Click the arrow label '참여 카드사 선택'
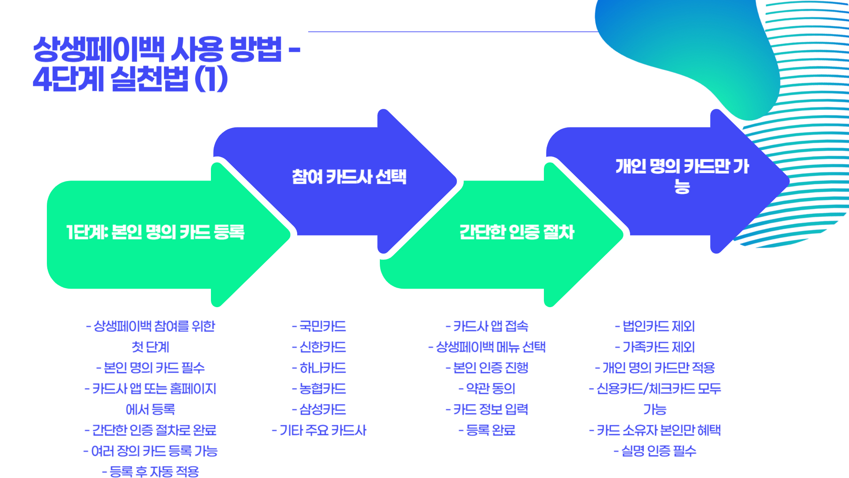[x=349, y=177]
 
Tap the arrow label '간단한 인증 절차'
[x=516, y=232]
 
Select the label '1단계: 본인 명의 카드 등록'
[x=155, y=232]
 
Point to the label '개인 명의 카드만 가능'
[x=682, y=176]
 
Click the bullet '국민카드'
[x=319, y=326]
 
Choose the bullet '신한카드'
[x=319, y=347]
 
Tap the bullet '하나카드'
[x=319, y=368]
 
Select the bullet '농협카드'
[x=319, y=389]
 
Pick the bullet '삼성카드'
[x=319, y=409]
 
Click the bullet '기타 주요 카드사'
[x=319, y=430]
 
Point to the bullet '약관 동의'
[x=487, y=389]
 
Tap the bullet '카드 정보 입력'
[x=487, y=409]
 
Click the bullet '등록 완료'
[x=487, y=430]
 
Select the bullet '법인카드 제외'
[x=655, y=326]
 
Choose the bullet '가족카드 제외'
[x=655, y=347]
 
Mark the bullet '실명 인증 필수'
[x=655, y=451]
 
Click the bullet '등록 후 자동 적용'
[x=151, y=472]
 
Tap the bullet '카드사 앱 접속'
[x=487, y=326]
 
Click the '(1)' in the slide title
[x=211, y=79]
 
